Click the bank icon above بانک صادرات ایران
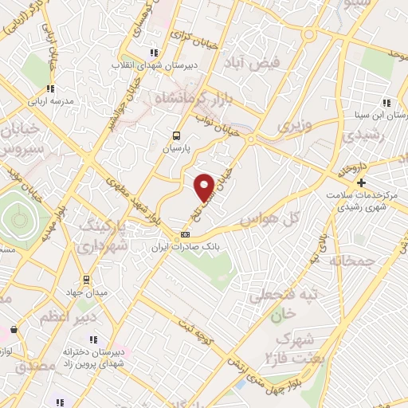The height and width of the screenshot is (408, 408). (185, 234)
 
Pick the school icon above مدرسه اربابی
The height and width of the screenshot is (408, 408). (49, 89)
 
